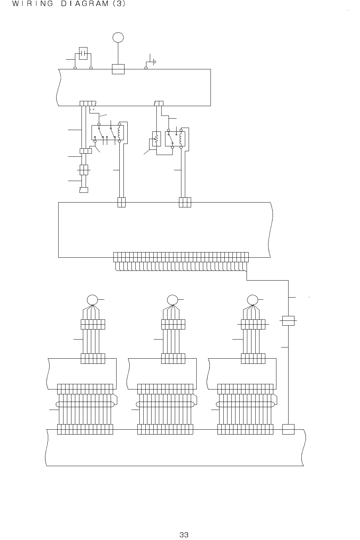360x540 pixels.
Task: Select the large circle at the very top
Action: (118, 37)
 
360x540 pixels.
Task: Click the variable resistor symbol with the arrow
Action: (156, 139)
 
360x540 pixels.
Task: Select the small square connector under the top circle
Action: (118, 69)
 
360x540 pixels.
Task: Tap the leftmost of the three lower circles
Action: (92, 300)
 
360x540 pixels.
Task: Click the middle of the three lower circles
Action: (172, 300)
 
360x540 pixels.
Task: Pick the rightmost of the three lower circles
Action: (252, 300)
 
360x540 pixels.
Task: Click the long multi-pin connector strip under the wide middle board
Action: (181, 257)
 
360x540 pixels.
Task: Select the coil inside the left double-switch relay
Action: (119, 132)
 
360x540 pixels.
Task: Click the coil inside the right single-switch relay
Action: (181, 138)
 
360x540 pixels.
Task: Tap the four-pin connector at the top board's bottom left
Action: (87, 103)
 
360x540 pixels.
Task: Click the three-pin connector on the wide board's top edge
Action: (185, 202)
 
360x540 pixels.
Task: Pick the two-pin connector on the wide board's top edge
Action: (121, 202)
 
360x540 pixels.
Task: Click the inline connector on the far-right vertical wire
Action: (288, 320)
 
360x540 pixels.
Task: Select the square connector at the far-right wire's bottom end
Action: (288, 429)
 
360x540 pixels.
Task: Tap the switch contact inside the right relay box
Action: (171, 139)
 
